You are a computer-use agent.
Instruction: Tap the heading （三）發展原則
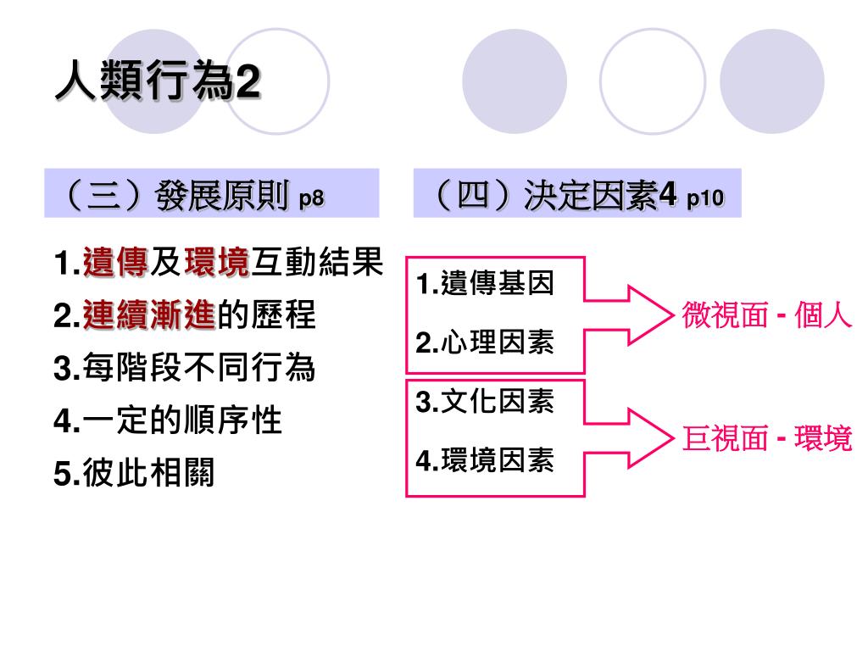[174, 197]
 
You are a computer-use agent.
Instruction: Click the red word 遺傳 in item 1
[115, 263]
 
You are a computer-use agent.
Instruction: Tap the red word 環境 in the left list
[216, 263]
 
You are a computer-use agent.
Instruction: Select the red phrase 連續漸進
[149, 316]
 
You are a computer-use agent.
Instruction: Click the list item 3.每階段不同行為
[184, 368]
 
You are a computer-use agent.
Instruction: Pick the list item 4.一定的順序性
[167, 420]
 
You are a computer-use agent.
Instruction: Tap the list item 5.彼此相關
[133, 473]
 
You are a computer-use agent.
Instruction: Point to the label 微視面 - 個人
[766, 316]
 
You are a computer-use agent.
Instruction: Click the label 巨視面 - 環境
[766, 439]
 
